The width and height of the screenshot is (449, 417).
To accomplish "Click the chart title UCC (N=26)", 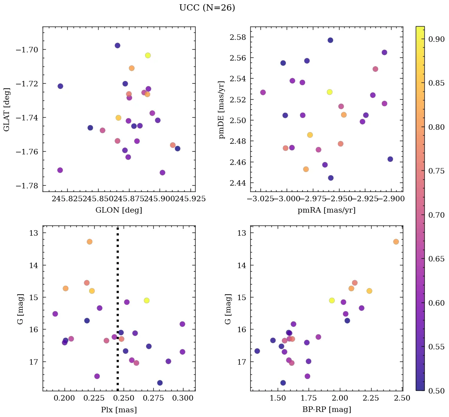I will pyautogui.click(x=207, y=8).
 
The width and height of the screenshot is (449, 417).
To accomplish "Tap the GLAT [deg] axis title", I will pyautogui.click(x=7, y=109).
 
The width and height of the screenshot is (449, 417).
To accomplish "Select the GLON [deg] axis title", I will pyautogui.click(x=119, y=210).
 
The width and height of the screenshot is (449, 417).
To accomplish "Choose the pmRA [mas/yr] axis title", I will pyautogui.click(x=326, y=210).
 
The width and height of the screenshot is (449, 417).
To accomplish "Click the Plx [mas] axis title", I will pyautogui.click(x=119, y=410).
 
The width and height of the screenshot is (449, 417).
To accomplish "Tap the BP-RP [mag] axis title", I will pyautogui.click(x=326, y=410).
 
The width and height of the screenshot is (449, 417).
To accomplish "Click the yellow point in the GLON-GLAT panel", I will pyautogui.click(x=148, y=55).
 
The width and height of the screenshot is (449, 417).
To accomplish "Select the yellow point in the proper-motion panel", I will pyautogui.click(x=330, y=92).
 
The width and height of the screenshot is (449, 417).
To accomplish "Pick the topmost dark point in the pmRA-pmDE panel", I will pyautogui.click(x=330, y=40).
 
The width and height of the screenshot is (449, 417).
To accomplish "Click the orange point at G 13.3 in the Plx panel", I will pyautogui.click(x=90, y=242).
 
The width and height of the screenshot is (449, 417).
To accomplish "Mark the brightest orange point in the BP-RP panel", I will pyautogui.click(x=396, y=242).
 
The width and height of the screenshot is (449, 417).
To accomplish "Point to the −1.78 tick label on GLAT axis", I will pyautogui.click(x=28, y=186).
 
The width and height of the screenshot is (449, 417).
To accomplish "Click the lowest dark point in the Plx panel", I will pyautogui.click(x=160, y=383).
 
